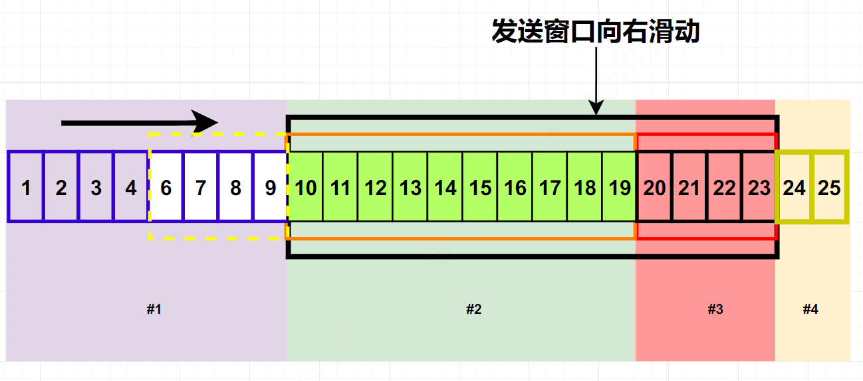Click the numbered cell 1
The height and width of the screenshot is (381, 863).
tap(26, 188)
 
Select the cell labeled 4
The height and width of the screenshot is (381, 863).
tap(131, 188)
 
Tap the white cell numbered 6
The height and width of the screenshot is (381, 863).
tap(166, 188)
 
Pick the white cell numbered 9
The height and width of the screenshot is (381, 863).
tap(271, 188)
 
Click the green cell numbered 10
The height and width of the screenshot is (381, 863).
tap(306, 188)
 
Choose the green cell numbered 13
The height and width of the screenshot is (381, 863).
tap(410, 188)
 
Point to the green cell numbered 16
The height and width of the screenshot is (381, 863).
tap(515, 188)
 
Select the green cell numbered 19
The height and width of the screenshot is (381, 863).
tap(620, 188)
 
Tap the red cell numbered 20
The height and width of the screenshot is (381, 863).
tap(655, 188)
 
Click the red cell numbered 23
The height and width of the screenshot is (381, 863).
tap(759, 188)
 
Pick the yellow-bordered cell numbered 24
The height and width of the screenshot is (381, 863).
tap(794, 188)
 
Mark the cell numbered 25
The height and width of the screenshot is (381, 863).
tap(829, 188)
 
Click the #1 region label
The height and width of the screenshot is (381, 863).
tap(154, 309)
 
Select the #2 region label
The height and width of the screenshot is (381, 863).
tap(473, 309)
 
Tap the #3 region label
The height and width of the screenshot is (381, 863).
tap(715, 309)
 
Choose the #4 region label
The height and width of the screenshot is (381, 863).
tap(810, 309)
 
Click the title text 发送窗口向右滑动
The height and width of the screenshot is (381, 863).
tap(596, 31)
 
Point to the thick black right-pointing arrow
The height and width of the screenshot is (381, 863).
tap(140, 122)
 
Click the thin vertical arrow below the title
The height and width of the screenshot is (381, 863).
tap(596, 80)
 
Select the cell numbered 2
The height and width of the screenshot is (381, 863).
tap(61, 188)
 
